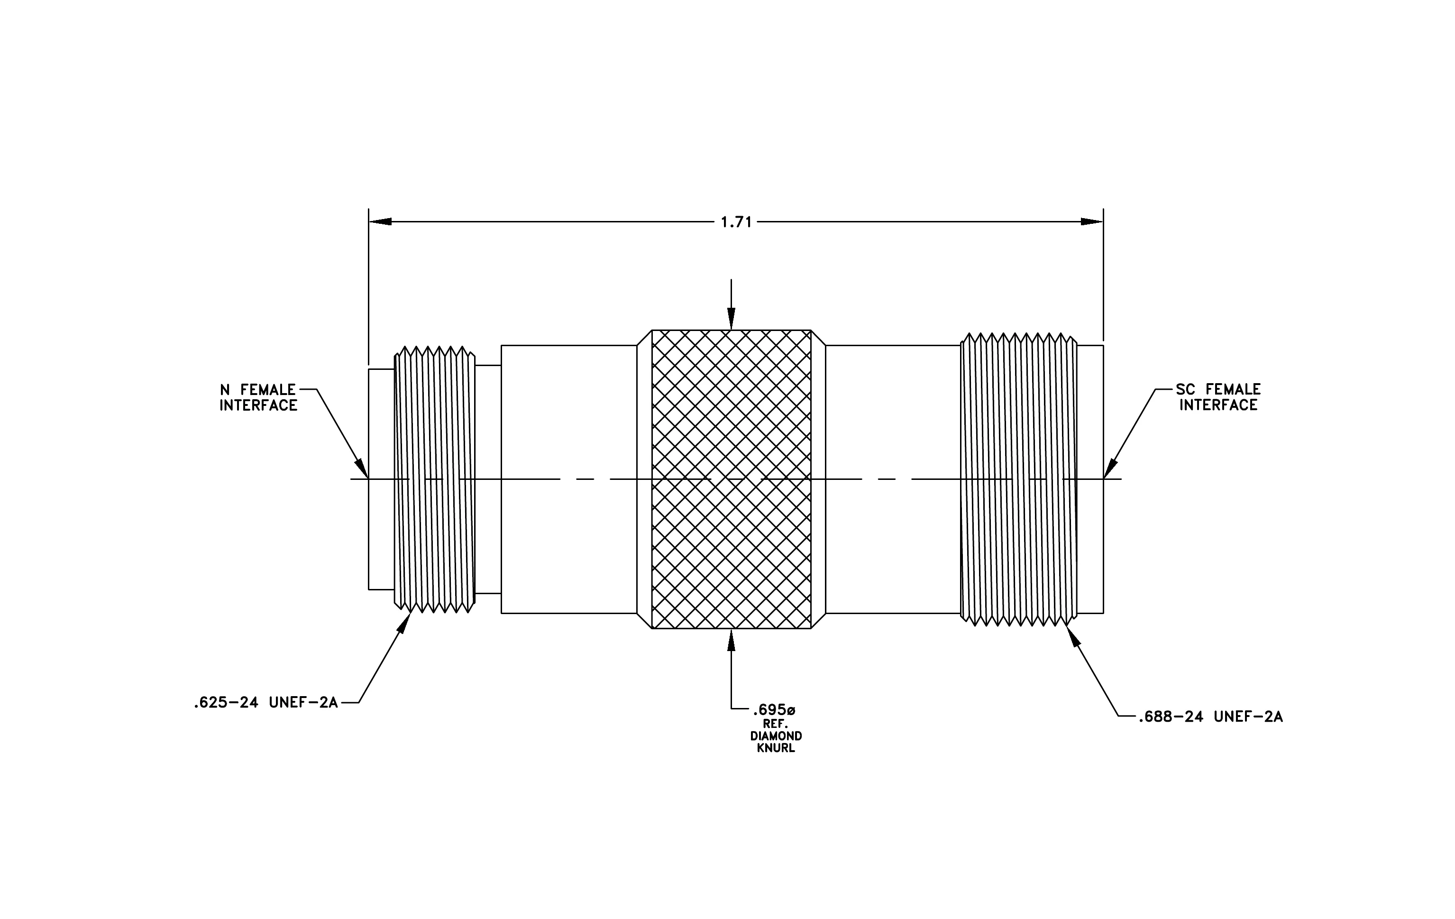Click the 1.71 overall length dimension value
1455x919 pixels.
click(736, 222)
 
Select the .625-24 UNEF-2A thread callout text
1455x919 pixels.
click(266, 703)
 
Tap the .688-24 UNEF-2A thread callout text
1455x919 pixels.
click(1210, 717)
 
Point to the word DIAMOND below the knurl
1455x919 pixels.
click(776, 736)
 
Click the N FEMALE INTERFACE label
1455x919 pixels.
click(258, 397)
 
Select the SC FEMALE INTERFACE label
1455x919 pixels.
click(1218, 397)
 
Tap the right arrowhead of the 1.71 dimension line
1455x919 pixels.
click(1092, 222)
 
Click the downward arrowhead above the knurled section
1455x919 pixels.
click(731, 318)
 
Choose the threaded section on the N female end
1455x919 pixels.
click(434, 479)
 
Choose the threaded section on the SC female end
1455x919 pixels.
click(1019, 479)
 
